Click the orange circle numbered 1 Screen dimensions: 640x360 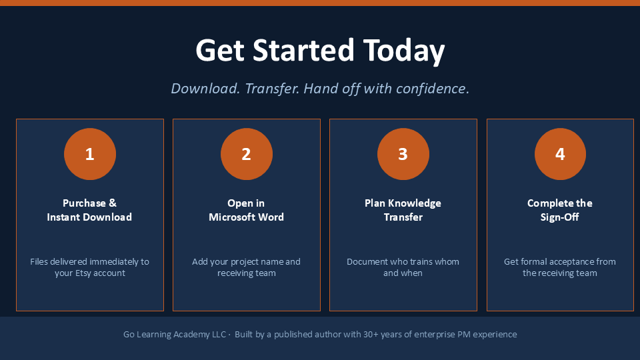point(90,154)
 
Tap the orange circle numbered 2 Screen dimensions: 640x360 point(247,154)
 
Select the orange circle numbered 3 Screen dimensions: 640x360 point(403,154)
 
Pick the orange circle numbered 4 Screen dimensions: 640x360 point(560,154)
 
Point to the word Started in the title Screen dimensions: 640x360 point(303,50)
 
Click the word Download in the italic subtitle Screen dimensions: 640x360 point(205,89)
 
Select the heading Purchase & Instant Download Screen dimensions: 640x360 point(89,210)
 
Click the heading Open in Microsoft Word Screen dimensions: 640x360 point(246,210)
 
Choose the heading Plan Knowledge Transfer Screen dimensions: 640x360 point(403,210)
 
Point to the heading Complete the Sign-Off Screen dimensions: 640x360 point(559,210)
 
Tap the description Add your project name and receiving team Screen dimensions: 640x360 point(246,267)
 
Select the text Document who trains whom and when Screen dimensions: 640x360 point(403,267)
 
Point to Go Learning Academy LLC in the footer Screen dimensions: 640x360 point(175,334)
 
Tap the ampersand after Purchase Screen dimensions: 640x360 point(113,203)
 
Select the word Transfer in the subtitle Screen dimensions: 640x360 point(272,89)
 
